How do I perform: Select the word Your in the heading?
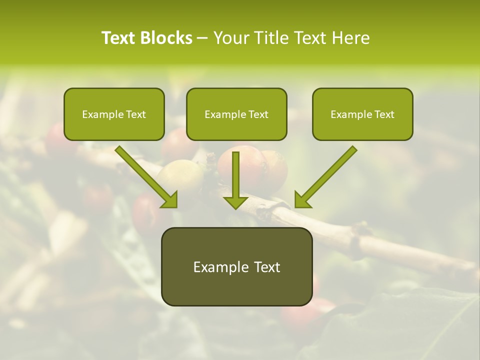(x=229, y=38)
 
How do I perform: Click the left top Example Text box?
(x=114, y=114)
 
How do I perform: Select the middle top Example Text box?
(x=236, y=114)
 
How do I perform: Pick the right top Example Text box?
(x=362, y=114)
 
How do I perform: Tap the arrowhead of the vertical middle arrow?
(x=235, y=202)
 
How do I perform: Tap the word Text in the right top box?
(x=384, y=114)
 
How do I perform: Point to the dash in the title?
(x=203, y=38)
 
